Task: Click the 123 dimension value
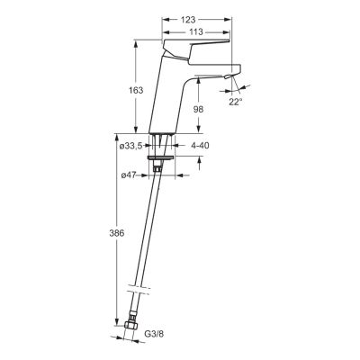point(188,20)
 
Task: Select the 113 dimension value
point(196,31)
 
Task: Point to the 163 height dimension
point(136,90)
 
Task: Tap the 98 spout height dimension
point(198,110)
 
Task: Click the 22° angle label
point(236,102)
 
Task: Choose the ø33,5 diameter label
point(130,146)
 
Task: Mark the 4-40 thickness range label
point(200,146)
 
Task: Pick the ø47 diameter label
point(129,175)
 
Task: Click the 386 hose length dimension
point(116,233)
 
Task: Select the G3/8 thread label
point(155,334)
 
